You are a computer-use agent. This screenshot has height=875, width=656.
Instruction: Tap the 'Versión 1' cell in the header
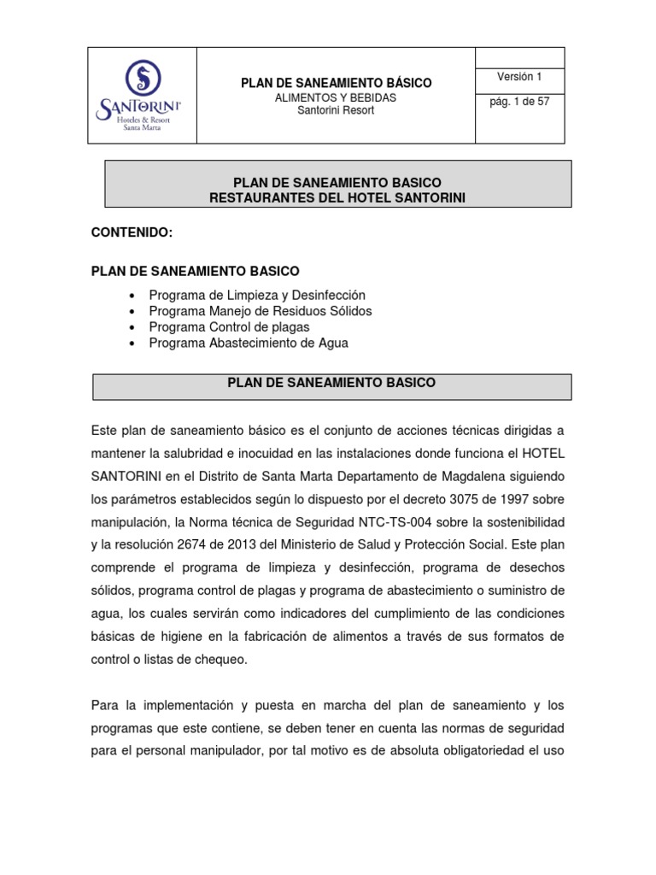[x=519, y=77]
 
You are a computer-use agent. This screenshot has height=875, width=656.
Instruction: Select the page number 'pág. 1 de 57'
[x=519, y=101]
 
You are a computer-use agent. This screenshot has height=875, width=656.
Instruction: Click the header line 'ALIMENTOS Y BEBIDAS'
[x=335, y=98]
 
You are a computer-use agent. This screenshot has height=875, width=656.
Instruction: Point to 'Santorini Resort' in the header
[x=335, y=110]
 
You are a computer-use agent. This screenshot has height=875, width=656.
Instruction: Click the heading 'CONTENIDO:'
[x=132, y=232]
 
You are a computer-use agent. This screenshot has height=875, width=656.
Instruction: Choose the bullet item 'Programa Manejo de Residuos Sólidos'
[x=260, y=311]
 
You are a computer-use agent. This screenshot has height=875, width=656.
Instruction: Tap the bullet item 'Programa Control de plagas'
[x=229, y=326]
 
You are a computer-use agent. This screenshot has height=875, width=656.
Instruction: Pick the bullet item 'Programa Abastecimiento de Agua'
[x=249, y=343]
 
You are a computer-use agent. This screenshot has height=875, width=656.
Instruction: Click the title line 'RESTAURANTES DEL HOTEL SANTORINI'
[x=337, y=198]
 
